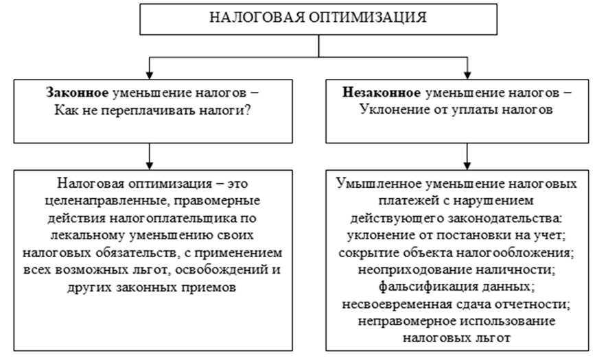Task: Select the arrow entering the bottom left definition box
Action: tap(149, 163)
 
